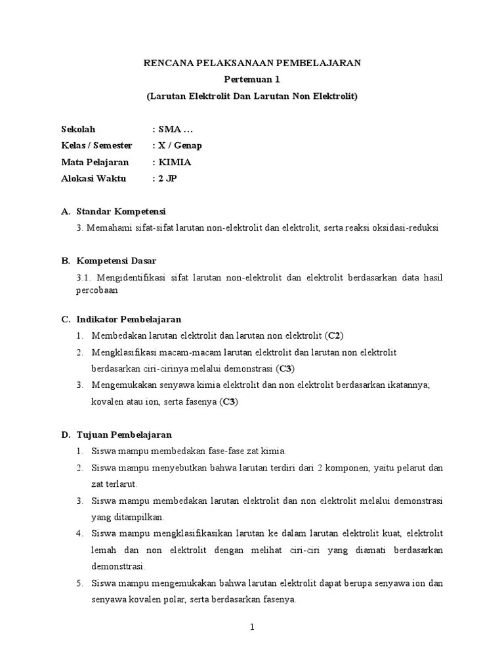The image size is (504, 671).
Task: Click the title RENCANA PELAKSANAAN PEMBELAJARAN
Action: click(252, 63)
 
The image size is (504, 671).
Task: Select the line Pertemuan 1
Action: click(252, 79)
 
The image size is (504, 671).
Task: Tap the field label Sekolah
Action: click(78, 129)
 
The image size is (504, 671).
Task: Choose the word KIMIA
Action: click(175, 162)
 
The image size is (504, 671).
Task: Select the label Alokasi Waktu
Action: click(93, 178)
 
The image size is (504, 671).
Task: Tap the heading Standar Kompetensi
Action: click(121, 212)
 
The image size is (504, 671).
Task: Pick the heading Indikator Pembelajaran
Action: click(129, 319)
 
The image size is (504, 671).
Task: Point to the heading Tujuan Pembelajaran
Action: click(124, 434)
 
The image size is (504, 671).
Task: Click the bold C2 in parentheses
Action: click(335, 335)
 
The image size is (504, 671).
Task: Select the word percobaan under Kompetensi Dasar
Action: click(98, 289)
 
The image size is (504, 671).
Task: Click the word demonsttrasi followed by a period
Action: click(117, 566)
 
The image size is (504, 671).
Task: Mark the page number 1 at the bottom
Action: click(252, 627)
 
